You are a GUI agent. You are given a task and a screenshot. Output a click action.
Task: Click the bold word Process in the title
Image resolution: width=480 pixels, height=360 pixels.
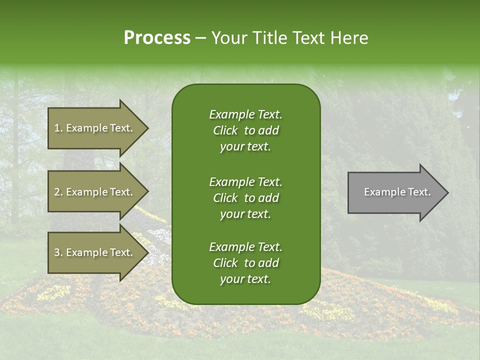[x=157, y=38]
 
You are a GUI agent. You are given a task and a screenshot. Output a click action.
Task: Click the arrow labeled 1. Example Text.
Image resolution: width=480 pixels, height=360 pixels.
[x=95, y=128]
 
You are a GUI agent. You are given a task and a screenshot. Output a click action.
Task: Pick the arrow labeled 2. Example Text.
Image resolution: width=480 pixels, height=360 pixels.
[x=95, y=192]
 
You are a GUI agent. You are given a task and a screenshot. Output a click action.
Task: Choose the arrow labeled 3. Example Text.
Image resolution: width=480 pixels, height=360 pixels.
[x=95, y=252]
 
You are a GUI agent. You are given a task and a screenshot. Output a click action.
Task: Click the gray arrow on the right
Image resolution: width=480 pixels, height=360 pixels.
[x=395, y=192]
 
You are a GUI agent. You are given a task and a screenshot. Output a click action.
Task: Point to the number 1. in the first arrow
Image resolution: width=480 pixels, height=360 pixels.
[x=58, y=128]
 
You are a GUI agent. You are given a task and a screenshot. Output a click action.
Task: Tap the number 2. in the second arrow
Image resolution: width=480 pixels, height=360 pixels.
[x=58, y=192]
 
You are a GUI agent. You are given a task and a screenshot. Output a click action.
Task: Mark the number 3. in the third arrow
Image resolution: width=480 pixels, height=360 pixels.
[x=58, y=252]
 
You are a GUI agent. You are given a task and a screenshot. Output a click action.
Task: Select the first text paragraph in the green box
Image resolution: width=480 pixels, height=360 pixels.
[x=245, y=130]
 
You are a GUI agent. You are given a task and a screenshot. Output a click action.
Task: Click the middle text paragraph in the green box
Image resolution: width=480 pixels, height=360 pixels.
[x=245, y=198]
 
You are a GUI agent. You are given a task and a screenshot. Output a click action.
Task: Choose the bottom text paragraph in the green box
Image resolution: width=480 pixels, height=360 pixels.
[x=245, y=263]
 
